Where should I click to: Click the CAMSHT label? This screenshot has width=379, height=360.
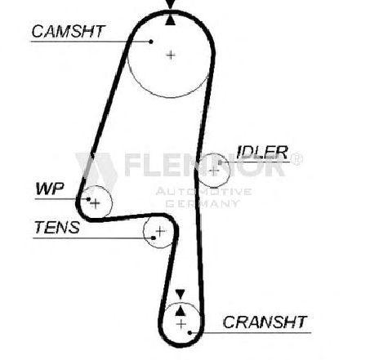pos(68,31)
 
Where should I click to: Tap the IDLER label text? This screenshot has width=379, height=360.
pos(262,153)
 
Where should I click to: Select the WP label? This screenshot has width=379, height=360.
pos(50,189)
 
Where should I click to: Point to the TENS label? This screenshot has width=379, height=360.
pos(57,228)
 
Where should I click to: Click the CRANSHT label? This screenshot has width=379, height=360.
pos(265,322)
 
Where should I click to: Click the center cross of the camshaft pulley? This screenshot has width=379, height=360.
pos(171,56)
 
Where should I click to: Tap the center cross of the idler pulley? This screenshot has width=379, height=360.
pos(214,171)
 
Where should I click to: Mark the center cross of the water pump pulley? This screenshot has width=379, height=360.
pos(96,203)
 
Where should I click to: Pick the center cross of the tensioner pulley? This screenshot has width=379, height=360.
pos(160,231)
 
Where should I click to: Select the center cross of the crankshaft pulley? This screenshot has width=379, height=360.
pos(181,324)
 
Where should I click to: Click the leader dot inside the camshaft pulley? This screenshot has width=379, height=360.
pos(151,42)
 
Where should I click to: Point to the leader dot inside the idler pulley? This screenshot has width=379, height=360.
pos(220,162)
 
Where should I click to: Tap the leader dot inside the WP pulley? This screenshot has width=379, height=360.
pos(88,199)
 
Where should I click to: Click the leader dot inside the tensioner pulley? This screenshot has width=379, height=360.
pos(154,238)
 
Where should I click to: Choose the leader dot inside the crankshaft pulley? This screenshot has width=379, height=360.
pos(189,332)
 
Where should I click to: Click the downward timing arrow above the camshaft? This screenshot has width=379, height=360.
pos(170,4)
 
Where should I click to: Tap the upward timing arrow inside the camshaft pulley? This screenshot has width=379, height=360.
pos(170,20)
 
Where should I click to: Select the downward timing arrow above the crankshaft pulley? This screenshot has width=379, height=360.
pos(180,294)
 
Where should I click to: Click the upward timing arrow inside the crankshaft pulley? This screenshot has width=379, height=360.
pos(181,311)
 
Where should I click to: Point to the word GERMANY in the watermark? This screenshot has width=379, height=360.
pos(203,203)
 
